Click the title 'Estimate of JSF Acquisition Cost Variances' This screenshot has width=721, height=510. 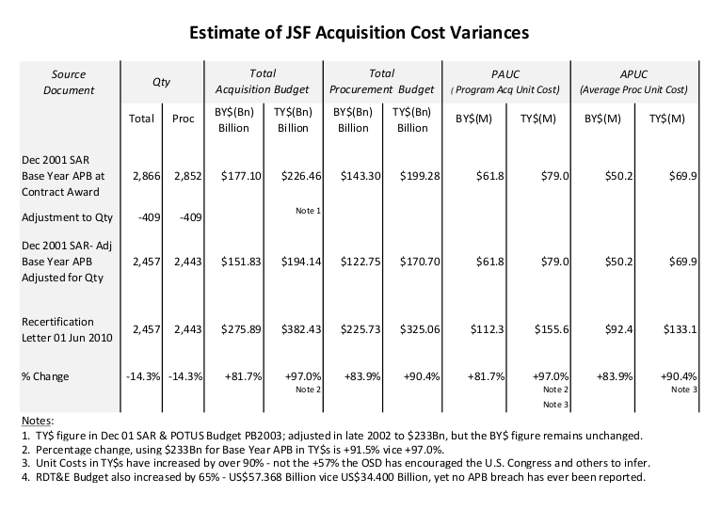point(360,32)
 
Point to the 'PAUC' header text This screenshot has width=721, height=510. point(508,72)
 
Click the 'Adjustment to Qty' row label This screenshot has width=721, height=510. point(66,217)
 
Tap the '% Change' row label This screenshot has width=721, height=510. point(45,375)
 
